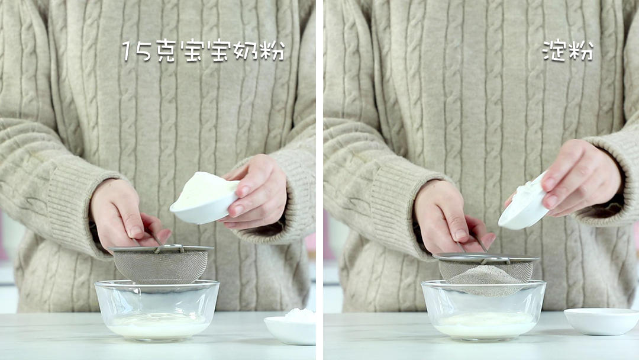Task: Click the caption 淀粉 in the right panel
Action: (567, 50)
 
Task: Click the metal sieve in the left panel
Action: (160, 263)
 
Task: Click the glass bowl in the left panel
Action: (157, 310)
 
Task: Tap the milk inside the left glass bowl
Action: (158, 326)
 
